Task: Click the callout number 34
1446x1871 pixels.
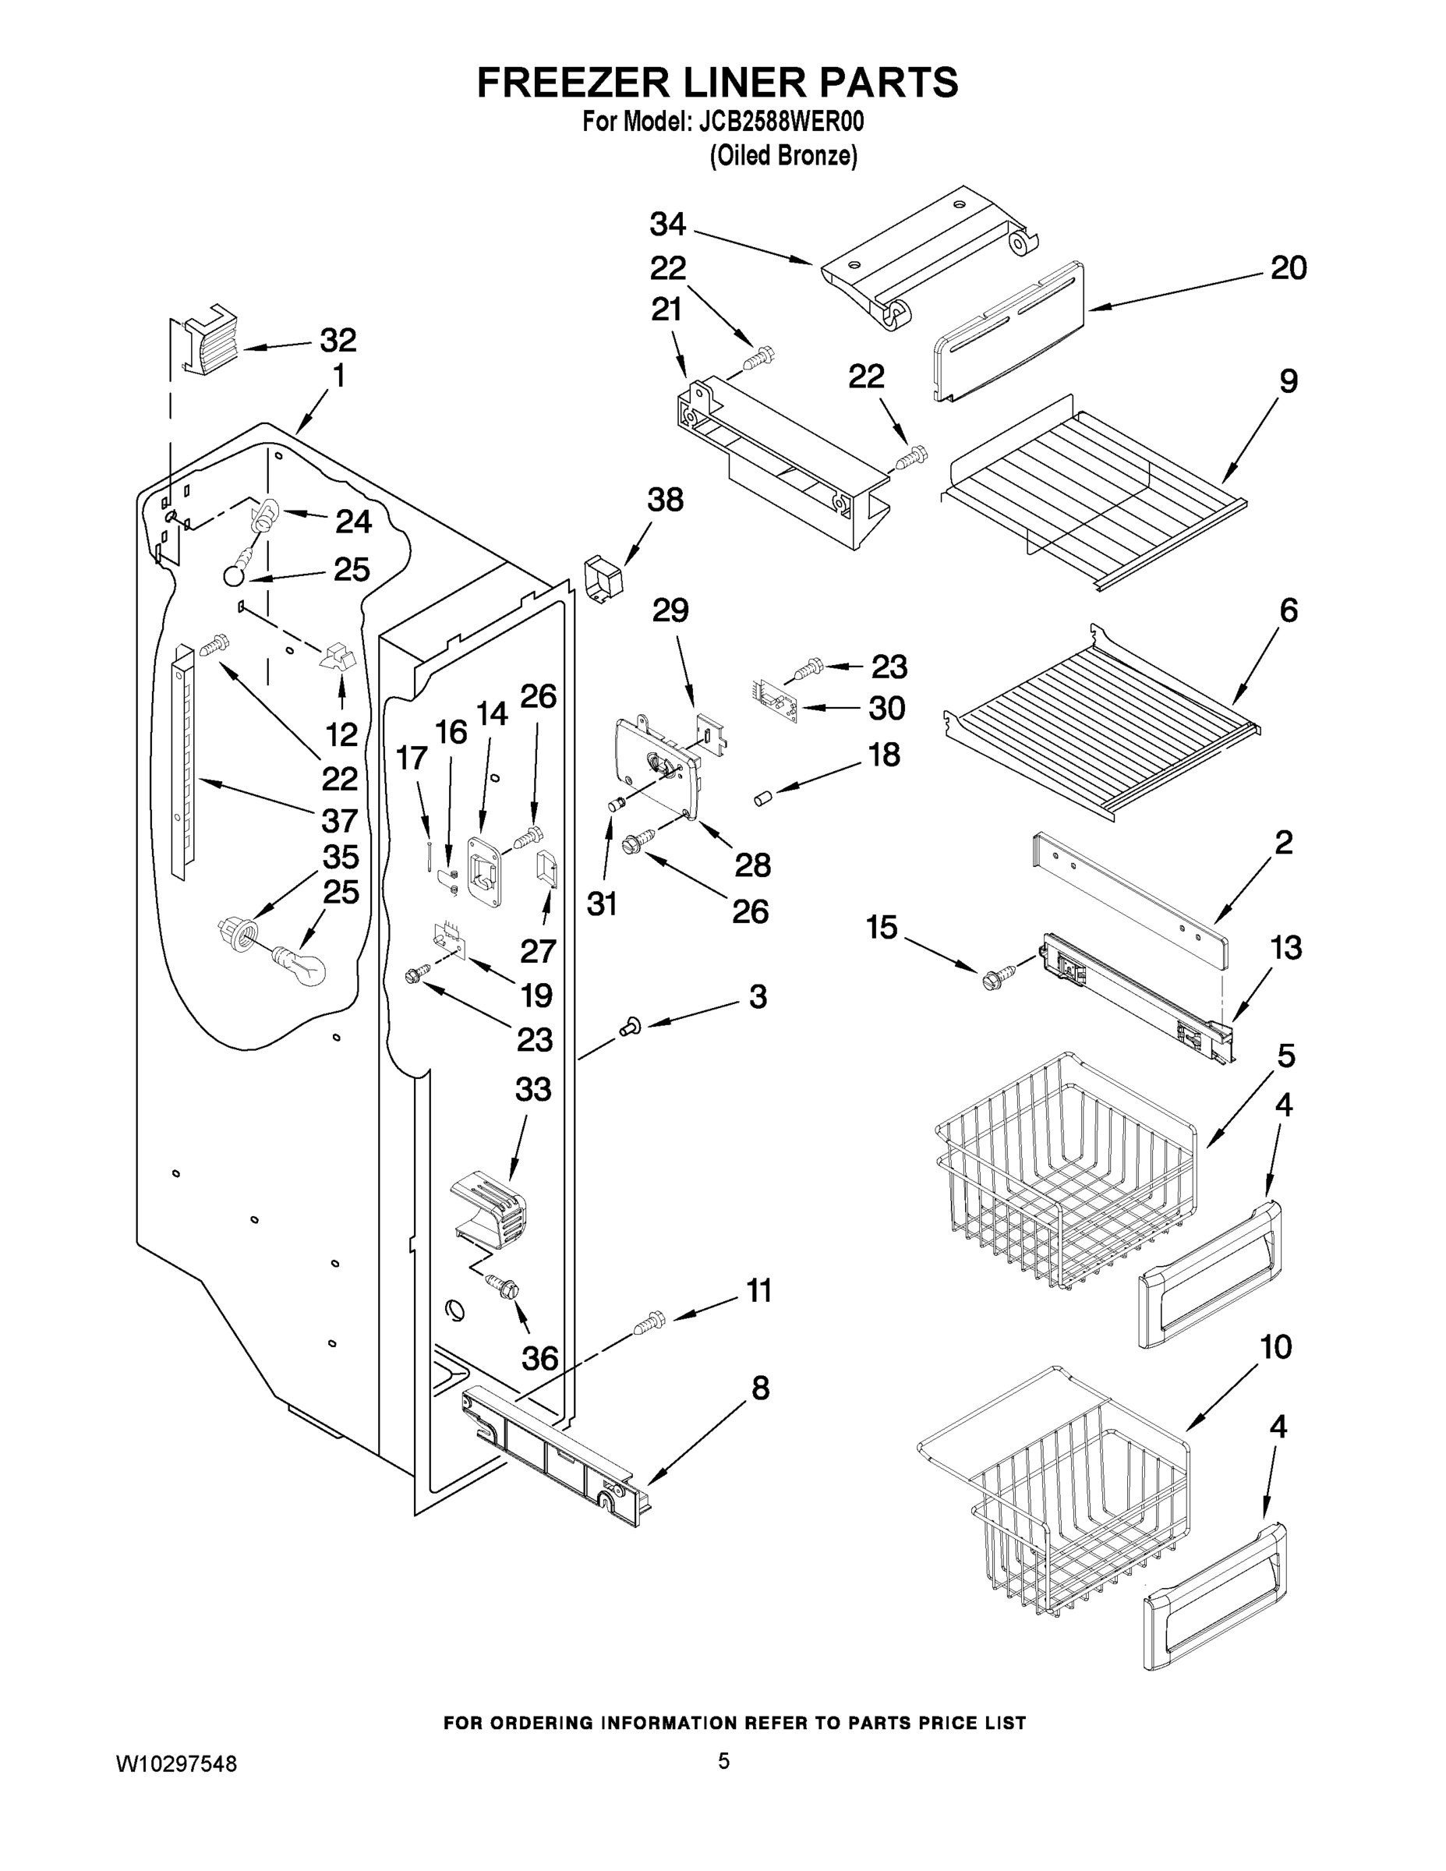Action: [667, 225]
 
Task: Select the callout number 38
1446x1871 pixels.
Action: [665, 500]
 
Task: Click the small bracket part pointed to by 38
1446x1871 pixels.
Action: [603, 580]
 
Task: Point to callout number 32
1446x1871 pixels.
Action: [338, 340]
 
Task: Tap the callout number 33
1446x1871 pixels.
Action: [533, 1090]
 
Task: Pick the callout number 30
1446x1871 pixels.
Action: [886, 708]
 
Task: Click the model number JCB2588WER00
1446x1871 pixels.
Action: [780, 122]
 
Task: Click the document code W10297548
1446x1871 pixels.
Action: [176, 1764]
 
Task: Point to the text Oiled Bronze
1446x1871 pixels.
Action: [783, 156]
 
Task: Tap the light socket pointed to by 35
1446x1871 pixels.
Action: [239, 932]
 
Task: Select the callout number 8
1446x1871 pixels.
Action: [760, 1387]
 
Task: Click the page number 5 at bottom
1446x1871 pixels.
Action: [724, 1761]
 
